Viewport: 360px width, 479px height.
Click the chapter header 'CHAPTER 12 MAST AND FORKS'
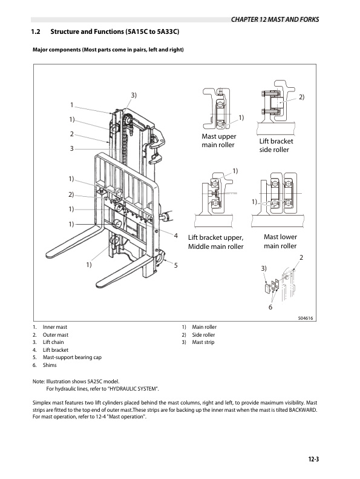click(275, 19)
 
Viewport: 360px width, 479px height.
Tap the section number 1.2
click(36, 31)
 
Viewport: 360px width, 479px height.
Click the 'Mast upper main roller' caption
click(218, 140)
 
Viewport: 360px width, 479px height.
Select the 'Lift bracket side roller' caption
click(276, 145)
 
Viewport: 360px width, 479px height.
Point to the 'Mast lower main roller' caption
click(280, 242)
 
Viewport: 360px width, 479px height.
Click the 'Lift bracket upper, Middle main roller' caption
click(216, 242)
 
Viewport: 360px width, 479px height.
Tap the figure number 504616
click(306, 318)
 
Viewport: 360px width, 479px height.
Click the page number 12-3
click(313, 459)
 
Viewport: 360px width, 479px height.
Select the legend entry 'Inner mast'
click(55, 327)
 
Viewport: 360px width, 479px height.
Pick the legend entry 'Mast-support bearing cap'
click(72, 357)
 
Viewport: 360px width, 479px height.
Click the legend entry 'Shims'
click(50, 365)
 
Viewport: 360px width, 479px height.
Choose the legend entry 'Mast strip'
click(203, 342)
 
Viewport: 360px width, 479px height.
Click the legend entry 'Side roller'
click(203, 335)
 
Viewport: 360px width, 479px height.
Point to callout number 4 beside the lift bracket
click(176, 236)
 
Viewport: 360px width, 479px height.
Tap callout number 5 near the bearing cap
click(176, 265)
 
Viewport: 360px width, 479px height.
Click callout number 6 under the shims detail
click(270, 307)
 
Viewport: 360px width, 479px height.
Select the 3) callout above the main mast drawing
click(134, 95)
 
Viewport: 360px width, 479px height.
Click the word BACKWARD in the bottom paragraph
click(303, 409)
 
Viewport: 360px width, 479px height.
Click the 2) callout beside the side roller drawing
click(301, 97)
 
